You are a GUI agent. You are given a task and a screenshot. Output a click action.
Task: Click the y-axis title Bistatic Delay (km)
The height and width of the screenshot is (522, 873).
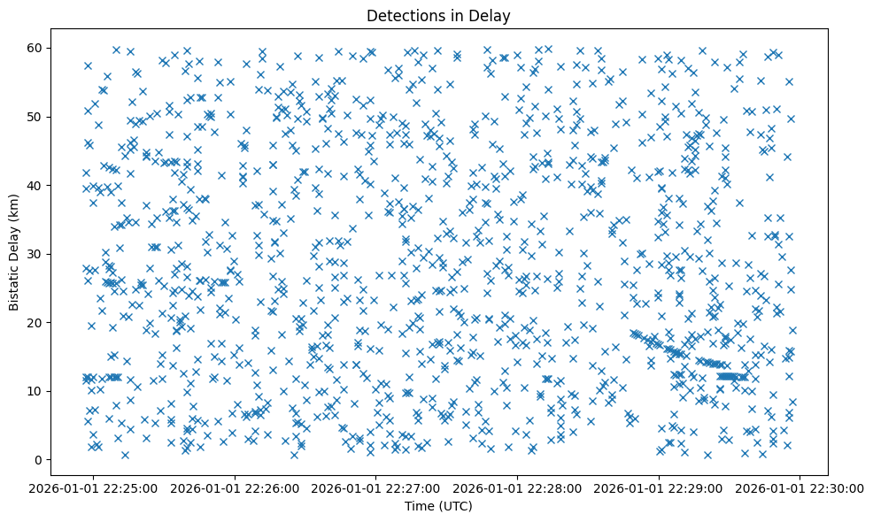15,252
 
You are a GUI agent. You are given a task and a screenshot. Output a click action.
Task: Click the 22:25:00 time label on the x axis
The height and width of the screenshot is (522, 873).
94,487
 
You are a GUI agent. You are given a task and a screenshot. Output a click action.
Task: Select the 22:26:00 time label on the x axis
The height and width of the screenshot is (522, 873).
236,487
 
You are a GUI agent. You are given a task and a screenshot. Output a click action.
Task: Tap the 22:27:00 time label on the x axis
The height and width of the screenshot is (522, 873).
376,487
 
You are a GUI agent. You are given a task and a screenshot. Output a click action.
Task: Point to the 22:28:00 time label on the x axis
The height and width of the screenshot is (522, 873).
518,487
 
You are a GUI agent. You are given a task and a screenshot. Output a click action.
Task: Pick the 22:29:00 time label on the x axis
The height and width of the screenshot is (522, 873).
659,487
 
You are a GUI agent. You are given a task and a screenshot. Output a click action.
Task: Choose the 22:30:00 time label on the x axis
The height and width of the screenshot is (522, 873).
800,487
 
